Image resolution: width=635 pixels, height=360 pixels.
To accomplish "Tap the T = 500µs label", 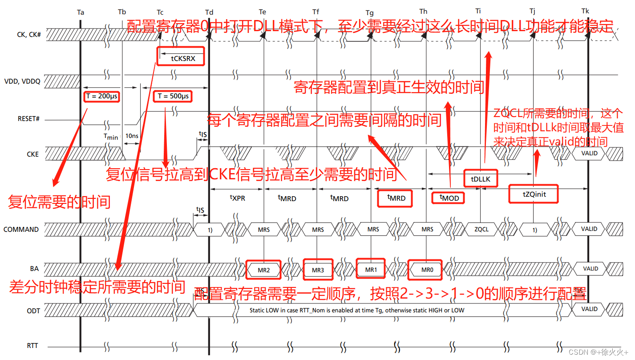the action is [174, 96].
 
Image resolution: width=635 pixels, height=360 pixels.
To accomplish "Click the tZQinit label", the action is [534, 194].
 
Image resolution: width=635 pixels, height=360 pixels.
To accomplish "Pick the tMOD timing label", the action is [449, 197].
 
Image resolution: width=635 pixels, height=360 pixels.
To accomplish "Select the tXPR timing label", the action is [237, 198].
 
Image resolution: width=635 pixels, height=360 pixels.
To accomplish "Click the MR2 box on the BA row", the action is [264, 270].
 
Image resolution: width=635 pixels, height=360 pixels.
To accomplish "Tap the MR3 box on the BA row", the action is [318, 270].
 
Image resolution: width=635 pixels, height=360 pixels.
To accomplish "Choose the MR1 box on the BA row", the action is [371, 269].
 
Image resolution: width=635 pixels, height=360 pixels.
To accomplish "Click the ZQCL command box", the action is [481, 229].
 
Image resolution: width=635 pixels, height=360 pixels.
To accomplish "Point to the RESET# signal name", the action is [28, 119].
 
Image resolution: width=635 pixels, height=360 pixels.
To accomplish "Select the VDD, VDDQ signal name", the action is [22, 81].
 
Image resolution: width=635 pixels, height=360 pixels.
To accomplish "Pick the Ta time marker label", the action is [81, 12].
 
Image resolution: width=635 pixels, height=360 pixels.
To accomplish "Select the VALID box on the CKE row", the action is [589, 153].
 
